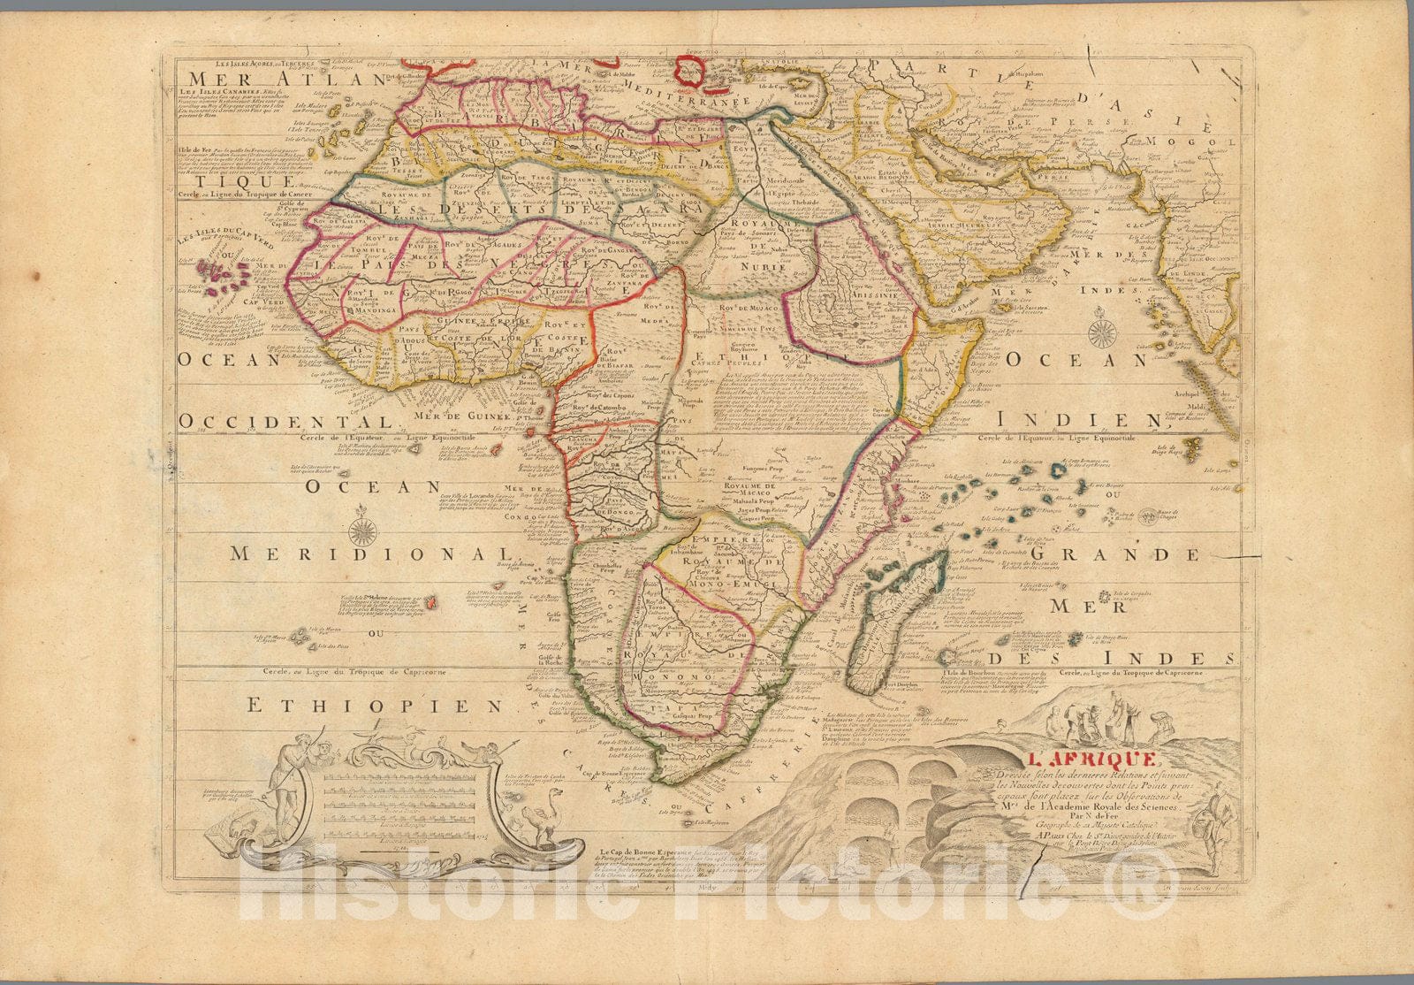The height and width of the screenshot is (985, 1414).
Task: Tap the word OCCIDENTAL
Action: pyautogui.click(x=283, y=419)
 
